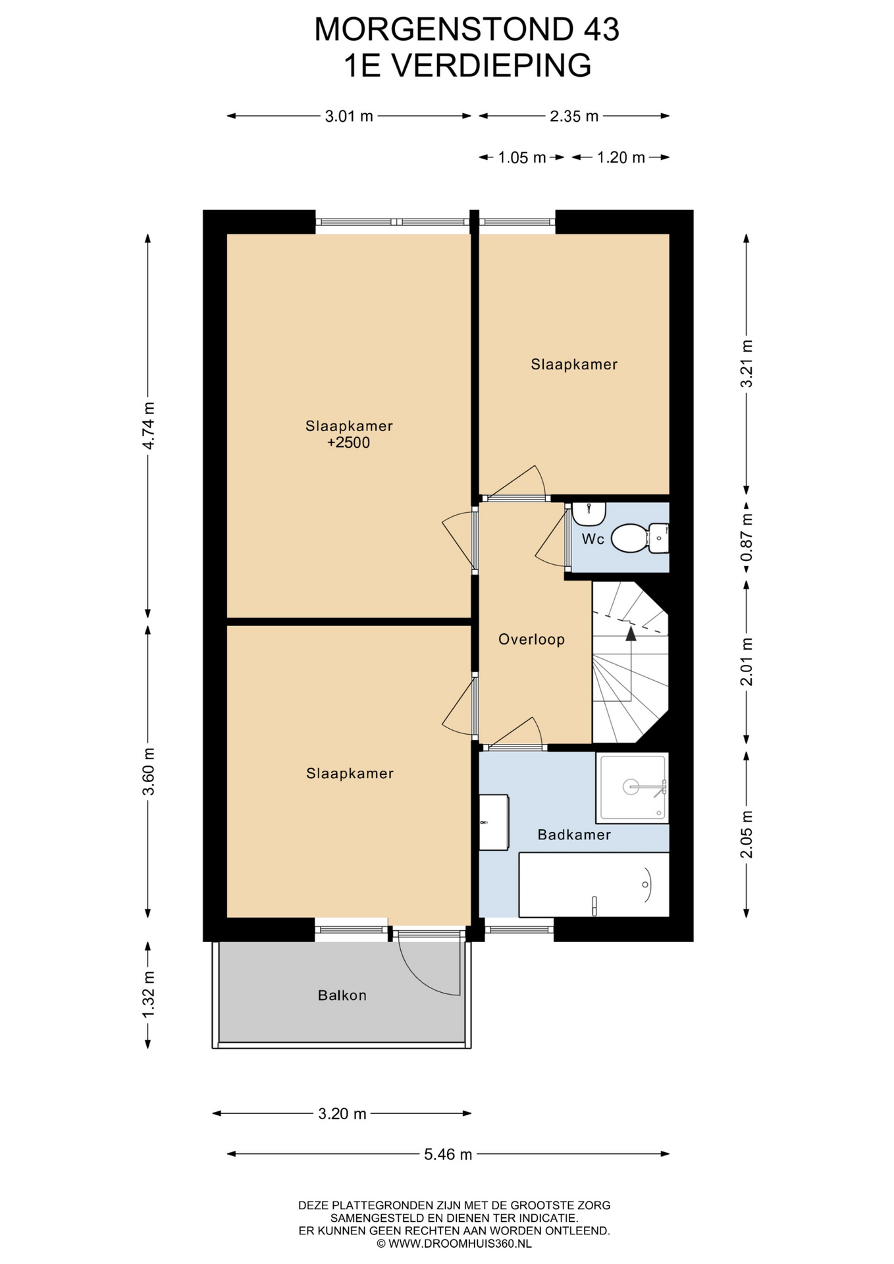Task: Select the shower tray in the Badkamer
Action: point(632,787)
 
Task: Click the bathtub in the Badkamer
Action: point(594,885)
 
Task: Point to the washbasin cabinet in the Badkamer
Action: point(493,822)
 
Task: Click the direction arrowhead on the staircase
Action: point(631,633)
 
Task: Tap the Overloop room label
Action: point(531,639)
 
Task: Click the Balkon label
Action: point(342,995)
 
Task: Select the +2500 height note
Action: point(348,443)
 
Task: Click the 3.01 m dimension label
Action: point(349,117)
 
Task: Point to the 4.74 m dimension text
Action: point(149,425)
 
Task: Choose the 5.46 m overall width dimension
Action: point(448,1154)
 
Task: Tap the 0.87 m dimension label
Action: point(746,538)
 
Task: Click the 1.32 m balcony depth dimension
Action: point(149,994)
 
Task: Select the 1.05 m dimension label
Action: point(522,158)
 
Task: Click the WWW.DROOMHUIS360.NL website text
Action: point(460,1244)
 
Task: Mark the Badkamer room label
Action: point(574,835)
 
